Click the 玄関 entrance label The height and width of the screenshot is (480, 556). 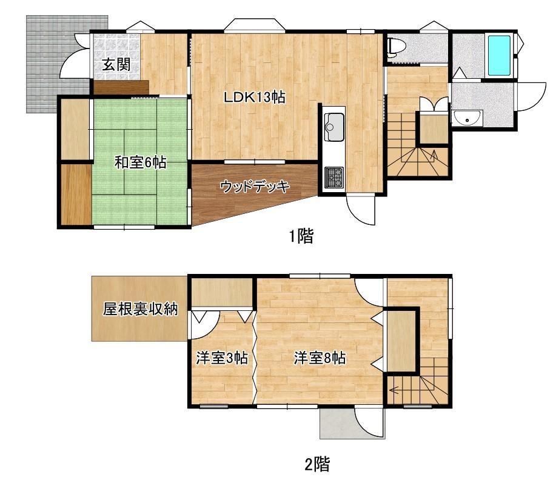tap(116, 64)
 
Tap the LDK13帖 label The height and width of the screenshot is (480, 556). tap(254, 97)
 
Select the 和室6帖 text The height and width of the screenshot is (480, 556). tap(141, 162)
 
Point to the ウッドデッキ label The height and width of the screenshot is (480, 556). tap(255, 187)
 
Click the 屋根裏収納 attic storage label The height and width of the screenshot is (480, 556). tap(140, 308)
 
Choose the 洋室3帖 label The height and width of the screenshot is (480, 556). tap(222, 358)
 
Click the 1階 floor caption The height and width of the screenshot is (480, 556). tap(301, 236)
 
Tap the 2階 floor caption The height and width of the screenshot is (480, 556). tap(317, 464)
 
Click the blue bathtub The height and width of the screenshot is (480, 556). tap(499, 55)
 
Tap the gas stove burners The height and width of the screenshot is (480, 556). tap(334, 177)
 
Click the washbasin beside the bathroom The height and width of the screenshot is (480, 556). tap(467, 118)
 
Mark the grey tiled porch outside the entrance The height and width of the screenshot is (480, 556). tap(58, 64)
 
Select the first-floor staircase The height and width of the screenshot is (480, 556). tap(418, 153)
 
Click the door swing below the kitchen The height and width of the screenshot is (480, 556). tap(361, 210)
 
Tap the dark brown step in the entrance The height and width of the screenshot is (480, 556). tap(121, 87)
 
